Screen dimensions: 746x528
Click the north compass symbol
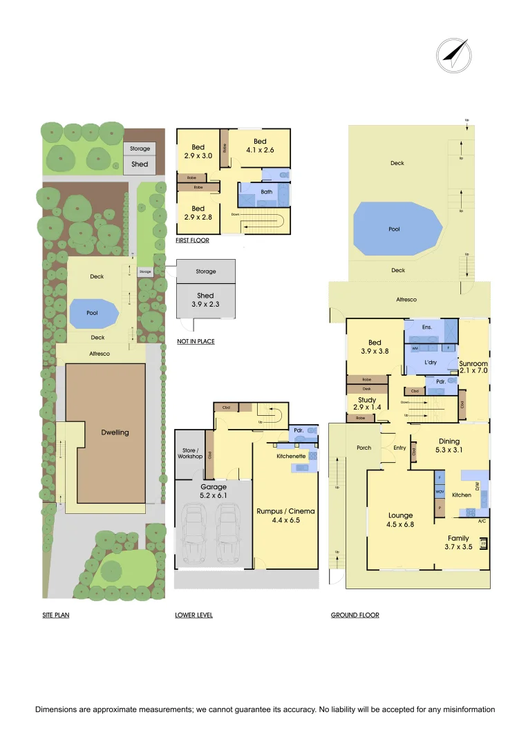point(453,55)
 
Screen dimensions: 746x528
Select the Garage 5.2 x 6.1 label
point(213,491)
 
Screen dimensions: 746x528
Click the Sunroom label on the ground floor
point(473,367)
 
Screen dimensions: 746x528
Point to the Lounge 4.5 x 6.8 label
point(401,519)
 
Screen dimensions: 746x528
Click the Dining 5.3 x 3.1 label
point(449,446)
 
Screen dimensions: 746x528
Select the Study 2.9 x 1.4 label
point(366,403)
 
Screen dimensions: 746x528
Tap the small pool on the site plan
point(93,312)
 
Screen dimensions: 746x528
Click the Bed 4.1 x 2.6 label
point(259,146)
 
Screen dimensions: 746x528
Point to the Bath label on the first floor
point(266,192)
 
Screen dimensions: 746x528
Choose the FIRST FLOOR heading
point(192,241)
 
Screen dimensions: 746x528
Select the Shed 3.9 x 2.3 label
point(205,300)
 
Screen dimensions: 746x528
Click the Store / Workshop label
point(190,454)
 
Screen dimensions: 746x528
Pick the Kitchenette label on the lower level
point(292,457)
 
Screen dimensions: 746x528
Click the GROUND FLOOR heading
point(355,615)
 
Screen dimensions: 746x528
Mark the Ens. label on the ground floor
point(428,327)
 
